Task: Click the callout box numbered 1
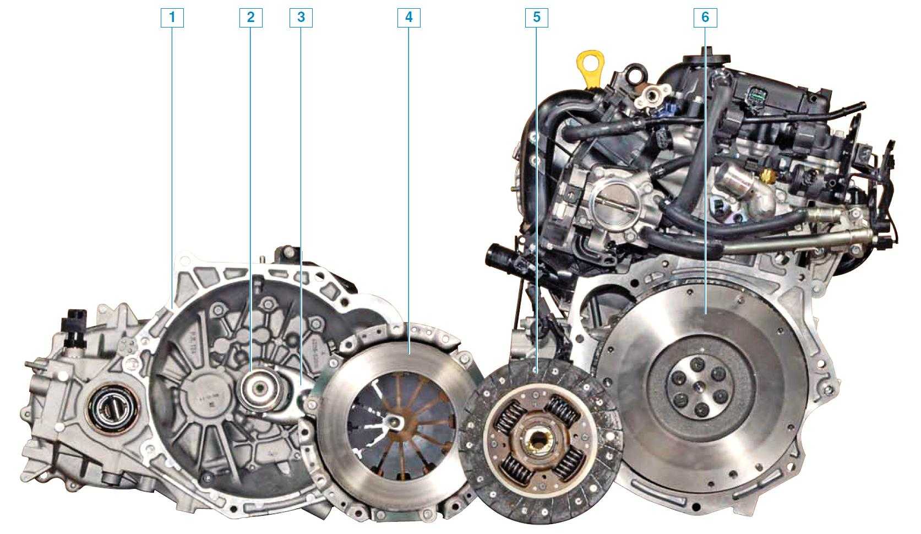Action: pos(172,17)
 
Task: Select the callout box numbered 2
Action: pos(251,17)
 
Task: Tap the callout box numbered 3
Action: pos(301,17)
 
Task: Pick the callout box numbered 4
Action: pos(408,17)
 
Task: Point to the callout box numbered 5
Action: pos(537,17)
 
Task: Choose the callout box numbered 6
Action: pos(706,17)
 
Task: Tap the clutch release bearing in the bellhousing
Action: pos(260,388)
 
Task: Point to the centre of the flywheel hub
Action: pos(700,385)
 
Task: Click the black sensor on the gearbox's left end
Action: pos(74,328)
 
